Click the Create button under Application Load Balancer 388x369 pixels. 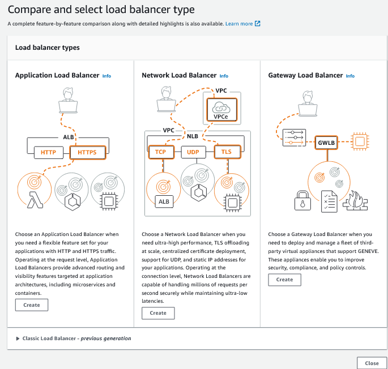click(x=32, y=305)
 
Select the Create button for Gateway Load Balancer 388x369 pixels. click(x=284, y=280)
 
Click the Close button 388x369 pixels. click(x=372, y=363)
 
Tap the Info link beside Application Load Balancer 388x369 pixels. click(x=106, y=75)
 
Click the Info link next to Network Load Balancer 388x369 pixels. click(x=224, y=76)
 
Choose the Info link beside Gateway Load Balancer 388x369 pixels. click(x=350, y=76)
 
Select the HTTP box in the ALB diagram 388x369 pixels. click(x=48, y=152)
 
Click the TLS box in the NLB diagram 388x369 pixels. click(x=227, y=152)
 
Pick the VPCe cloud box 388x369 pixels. click(x=221, y=110)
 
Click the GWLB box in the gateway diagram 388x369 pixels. click(x=326, y=143)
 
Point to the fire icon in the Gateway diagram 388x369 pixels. click(x=356, y=200)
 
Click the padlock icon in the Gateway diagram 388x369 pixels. click(x=301, y=200)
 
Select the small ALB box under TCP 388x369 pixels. click(x=164, y=201)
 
